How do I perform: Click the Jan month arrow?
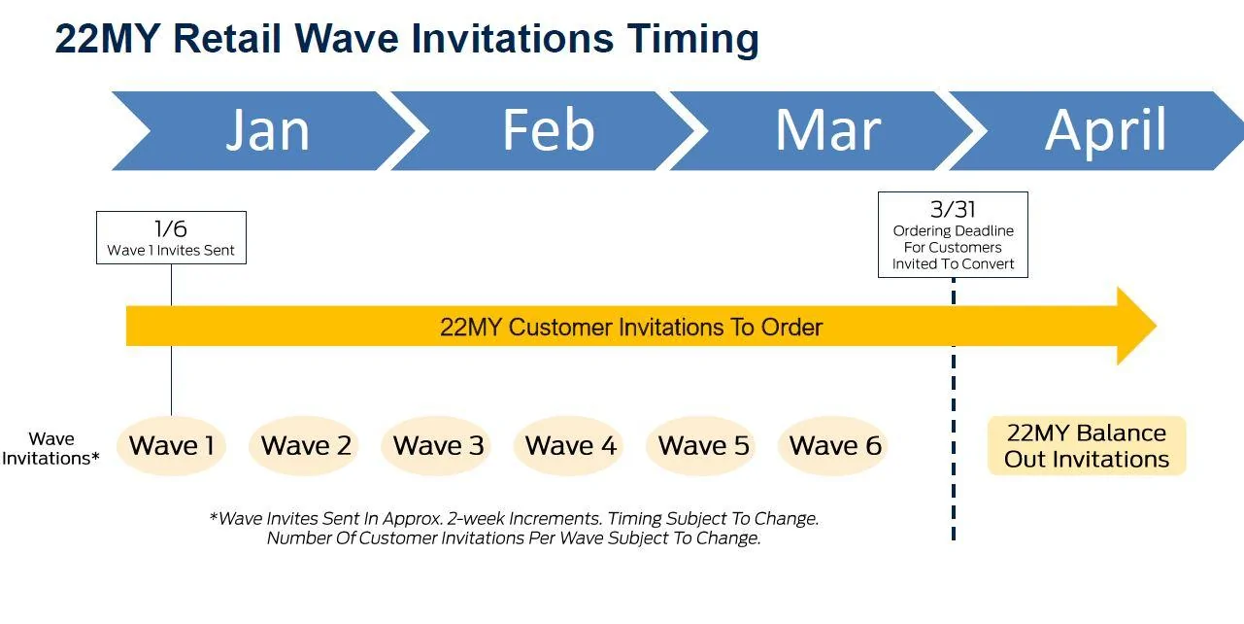pyautogui.click(x=266, y=130)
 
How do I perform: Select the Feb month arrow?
pyautogui.click(x=547, y=130)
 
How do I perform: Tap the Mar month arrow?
pyautogui.click(x=827, y=130)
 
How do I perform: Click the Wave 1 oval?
pyautogui.click(x=171, y=445)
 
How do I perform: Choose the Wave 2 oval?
pyautogui.click(x=304, y=445)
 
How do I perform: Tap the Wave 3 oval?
pyautogui.click(x=436, y=445)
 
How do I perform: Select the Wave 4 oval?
pyautogui.click(x=569, y=445)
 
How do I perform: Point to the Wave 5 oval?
pyautogui.click(x=701, y=445)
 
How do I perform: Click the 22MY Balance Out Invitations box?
pyautogui.click(x=1087, y=445)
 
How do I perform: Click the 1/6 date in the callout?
pyautogui.click(x=171, y=229)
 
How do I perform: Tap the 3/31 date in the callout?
pyautogui.click(x=953, y=210)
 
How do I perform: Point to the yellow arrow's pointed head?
pyautogui.click(x=1156, y=327)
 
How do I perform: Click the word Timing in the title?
pyautogui.click(x=693, y=40)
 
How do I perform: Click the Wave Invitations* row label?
pyautogui.click(x=50, y=448)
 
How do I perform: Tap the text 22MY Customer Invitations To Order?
pyautogui.click(x=631, y=327)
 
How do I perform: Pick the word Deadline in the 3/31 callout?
pyautogui.click(x=984, y=230)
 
